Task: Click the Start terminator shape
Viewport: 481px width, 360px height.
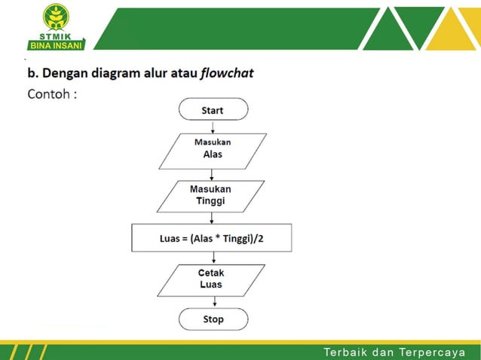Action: pyautogui.click(x=213, y=110)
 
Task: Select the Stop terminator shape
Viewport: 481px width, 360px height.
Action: pyautogui.click(x=213, y=319)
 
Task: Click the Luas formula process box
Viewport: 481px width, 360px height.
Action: pyautogui.click(x=211, y=238)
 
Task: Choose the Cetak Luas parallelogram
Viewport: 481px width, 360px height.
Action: pyautogui.click(x=211, y=279)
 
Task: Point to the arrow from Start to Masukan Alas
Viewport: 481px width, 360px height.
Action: pyautogui.click(x=213, y=127)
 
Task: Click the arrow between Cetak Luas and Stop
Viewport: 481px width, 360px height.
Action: pyautogui.click(x=213, y=301)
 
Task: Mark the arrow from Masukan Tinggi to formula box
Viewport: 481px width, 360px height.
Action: pyautogui.click(x=213, y=217)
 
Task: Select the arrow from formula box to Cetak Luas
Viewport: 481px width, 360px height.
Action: pyautogui.click(x=213, y=258)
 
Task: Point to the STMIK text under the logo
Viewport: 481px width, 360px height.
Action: pyautogui.click(x=57, y=38)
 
